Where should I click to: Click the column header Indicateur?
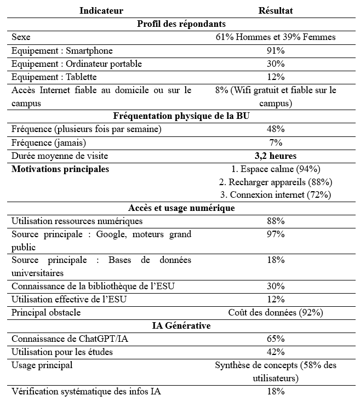pos(101,10)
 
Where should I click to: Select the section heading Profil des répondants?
pos(181,24)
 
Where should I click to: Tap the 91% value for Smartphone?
pos(276,50)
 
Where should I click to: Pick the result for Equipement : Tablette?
pos(276,77)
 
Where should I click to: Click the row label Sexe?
pos(21,37)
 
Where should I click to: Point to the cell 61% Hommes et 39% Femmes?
pos(276,37)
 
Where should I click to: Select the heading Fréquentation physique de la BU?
pos(181,116)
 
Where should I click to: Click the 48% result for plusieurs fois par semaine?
pos(276,129)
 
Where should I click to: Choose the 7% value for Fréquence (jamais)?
pos(276,142)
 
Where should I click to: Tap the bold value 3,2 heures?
pos(276,156)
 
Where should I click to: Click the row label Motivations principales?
pos(60,169)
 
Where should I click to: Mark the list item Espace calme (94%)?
pos(276,169)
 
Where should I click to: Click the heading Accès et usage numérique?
pos(181,208)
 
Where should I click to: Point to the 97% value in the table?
pos(276,234)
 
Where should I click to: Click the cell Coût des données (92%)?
pos(276,313)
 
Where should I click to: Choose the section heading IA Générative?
pos(181,326)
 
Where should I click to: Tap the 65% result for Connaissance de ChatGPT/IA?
pos(276,339)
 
